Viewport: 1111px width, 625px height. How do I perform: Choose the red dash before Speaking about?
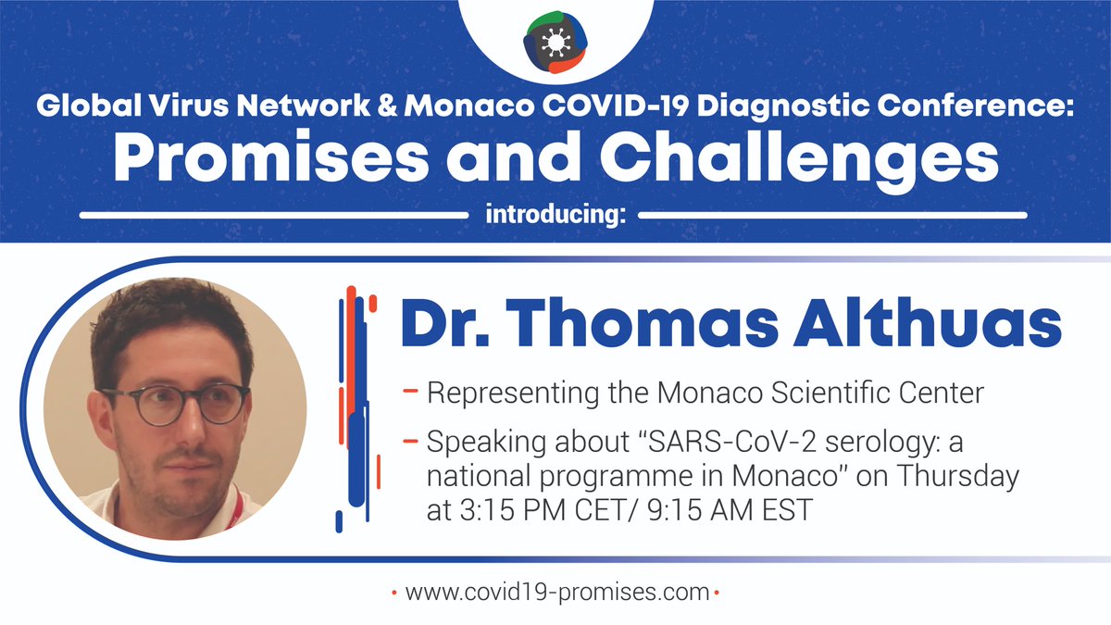410,443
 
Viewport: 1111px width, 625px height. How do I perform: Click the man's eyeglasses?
174,404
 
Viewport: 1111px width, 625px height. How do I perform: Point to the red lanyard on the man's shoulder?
238,507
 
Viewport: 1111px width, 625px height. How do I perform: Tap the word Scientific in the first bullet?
860,394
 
